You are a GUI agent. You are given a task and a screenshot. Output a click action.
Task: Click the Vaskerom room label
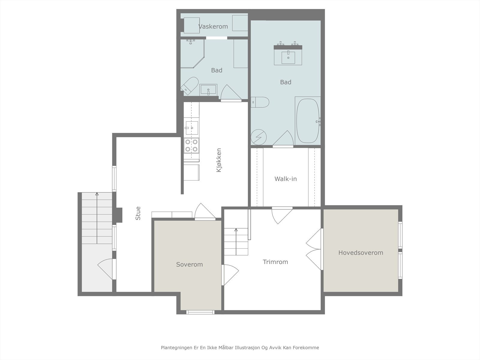[213, 26]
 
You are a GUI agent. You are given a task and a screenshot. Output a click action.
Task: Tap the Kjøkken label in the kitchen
[219, 160]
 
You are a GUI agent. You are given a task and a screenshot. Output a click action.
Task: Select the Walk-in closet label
[286, 179]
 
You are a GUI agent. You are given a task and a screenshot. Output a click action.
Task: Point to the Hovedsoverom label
[361, 253]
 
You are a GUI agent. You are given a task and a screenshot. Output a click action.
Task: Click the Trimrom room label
[275, 262]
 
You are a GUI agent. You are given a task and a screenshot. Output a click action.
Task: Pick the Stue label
[138, 213]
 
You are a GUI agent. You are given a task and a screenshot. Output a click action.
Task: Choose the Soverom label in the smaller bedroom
[189, 265]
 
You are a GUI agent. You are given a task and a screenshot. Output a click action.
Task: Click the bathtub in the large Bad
[308, 121]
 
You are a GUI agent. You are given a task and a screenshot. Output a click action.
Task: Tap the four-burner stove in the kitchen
[192, 145]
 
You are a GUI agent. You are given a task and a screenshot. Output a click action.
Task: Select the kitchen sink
[192, 128]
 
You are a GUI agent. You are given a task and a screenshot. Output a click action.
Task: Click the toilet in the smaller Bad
[189, 86]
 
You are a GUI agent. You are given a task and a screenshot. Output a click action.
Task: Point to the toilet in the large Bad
[260, 102]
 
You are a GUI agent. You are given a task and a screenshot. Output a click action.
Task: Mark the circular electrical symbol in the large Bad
[259, 137]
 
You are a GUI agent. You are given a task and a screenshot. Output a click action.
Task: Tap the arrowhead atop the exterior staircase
[97, 194]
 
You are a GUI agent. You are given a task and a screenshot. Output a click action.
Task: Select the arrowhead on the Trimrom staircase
[236, 230]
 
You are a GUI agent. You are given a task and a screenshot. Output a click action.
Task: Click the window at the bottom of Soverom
[200, 312]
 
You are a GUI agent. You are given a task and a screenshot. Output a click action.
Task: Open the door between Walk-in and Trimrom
[282, 215]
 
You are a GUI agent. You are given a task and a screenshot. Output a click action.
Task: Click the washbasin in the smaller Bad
[208, 90]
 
